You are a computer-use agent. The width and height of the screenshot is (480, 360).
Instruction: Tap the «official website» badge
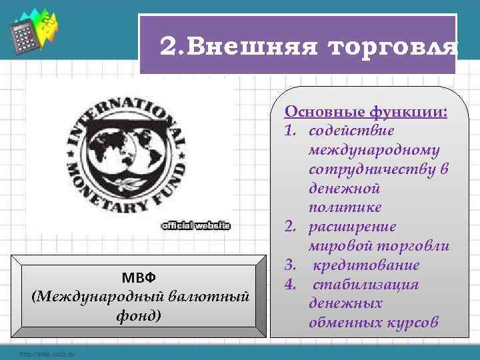pyautogui.click(x=196, y=226)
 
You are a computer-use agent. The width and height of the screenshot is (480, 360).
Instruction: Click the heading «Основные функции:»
pyautogui.click(x=366, y=111)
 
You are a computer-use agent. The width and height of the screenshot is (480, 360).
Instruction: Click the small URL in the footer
pyautogui.click(x=47, y=353)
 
